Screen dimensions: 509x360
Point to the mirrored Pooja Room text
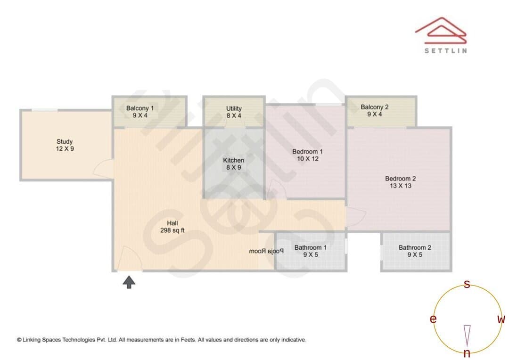[266, 251]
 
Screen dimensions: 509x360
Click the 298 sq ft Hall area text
[172, 230]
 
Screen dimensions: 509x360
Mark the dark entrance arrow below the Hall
[129, 282]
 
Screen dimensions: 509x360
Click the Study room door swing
[104, 169]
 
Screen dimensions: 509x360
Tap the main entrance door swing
[130, 258]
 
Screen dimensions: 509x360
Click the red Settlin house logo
[441, 31]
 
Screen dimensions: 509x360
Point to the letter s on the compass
[467, 284]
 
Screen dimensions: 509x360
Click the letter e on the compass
[433, 319]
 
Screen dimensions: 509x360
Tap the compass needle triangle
[467, 335]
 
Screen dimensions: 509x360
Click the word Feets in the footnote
[188, 340]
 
